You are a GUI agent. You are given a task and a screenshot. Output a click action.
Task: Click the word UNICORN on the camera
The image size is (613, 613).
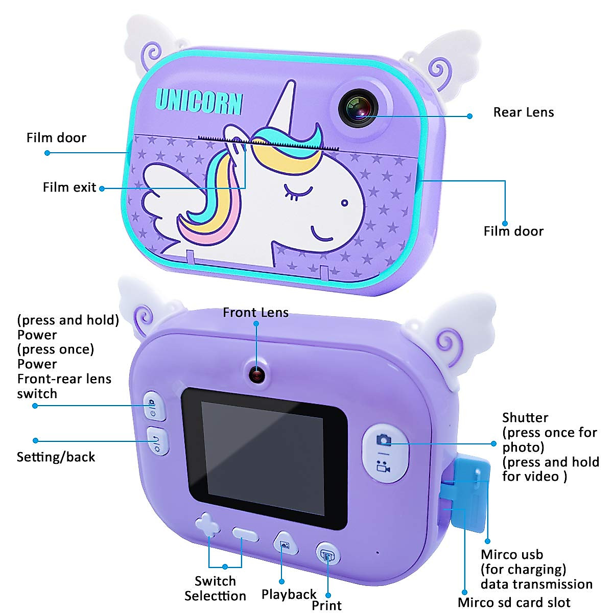198,101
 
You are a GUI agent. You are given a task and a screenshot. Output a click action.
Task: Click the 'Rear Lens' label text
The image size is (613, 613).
523,112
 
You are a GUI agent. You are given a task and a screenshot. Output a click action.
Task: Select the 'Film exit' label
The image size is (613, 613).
69,187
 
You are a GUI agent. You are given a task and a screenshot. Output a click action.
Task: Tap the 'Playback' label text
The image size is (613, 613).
289,595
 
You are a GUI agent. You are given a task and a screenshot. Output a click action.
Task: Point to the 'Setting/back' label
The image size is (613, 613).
56,457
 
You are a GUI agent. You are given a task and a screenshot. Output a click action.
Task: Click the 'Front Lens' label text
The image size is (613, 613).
255,313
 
